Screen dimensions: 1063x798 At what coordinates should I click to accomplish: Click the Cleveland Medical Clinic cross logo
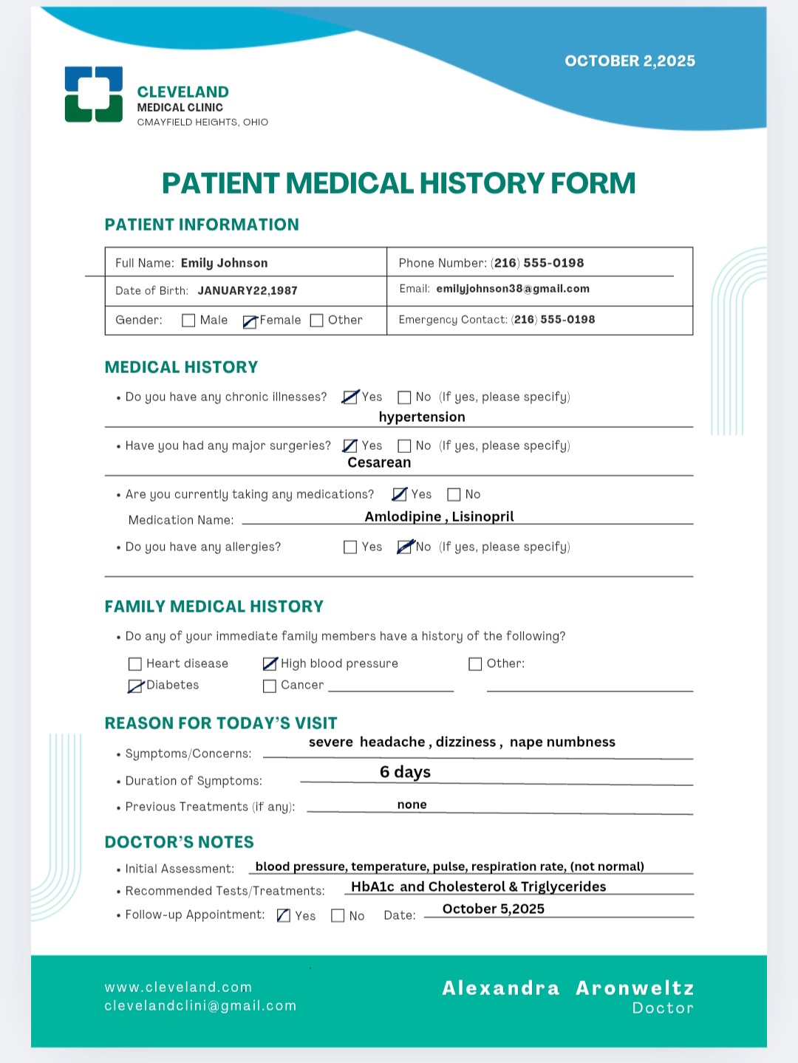(x=94, y=95)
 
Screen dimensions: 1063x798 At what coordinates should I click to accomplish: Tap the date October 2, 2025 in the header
(x=630, y=61)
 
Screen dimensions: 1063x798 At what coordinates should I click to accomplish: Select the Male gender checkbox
(x=188, y=321)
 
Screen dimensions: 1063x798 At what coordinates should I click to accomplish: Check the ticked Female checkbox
(x=250, y=321)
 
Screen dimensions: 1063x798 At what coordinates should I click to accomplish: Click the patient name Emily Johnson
(x=224, y=263)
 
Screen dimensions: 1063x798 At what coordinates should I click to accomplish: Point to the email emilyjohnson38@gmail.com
(x=513, y=289)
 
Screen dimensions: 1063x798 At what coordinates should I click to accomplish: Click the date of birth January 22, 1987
(x=248, y=290)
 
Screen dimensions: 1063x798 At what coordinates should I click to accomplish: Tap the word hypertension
(x=422, y=417)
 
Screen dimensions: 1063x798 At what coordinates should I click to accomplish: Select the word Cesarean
(x=379, y=462)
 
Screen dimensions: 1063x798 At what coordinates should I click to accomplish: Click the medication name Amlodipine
(x=403, y=516)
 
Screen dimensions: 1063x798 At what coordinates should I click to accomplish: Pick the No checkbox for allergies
(x=404, y=547)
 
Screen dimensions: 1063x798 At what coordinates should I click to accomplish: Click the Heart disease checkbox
(x=135, y=664)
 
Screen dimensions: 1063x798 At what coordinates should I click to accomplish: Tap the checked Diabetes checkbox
(x=135, y=686)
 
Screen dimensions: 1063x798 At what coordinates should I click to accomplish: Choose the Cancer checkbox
(x=270, y=686)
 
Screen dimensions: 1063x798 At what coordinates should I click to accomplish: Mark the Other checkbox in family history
(x=475, y=664)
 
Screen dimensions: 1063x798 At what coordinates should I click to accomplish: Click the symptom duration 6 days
(x=405, y=772)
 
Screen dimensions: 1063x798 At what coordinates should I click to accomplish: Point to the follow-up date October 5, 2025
(x=493, y=909)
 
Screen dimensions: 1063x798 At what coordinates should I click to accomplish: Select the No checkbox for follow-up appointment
(x=338, y=916)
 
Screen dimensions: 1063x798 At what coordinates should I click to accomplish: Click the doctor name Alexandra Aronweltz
(x=567, y=988)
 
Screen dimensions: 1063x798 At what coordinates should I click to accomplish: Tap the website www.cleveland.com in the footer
(x=178, y=987)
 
